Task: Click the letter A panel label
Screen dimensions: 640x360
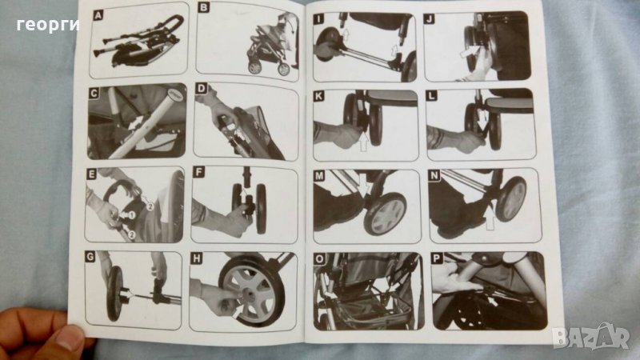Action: pos(98,15)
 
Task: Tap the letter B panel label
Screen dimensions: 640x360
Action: pos(203,7)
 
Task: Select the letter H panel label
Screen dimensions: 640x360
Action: pos(197,258)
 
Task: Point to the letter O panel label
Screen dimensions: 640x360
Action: pos(319,258)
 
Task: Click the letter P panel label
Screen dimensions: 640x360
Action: pos(437,258)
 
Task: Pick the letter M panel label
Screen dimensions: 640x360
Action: pos(319,176)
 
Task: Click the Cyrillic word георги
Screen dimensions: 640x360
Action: pos(48,26)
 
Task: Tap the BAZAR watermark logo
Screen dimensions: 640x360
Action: pos(590,336)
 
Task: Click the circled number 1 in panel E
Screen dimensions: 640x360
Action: pos(132,214)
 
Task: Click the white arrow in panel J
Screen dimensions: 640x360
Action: pos(468,51)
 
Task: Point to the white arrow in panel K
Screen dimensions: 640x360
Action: pos(364,141)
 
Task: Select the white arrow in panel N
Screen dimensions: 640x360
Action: pos(490,218)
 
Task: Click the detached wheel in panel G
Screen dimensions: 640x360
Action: pos(114,293)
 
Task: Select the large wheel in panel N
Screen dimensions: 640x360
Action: pos(510,198)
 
